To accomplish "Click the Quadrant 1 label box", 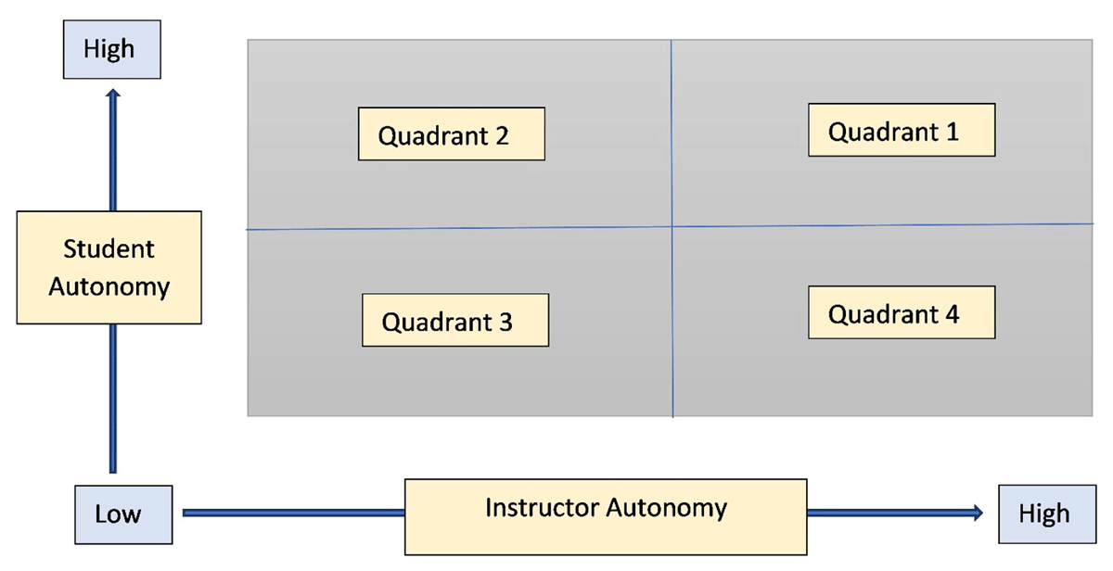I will (901, 131).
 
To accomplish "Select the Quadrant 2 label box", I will (451, 135).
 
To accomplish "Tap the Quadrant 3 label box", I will (454, 321).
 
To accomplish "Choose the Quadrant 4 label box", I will (901, 313).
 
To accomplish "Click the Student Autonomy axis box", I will (109, 267).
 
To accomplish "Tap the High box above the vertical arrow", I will (109, 50).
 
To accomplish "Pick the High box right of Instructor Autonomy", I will (1043, 514).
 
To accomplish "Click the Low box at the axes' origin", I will (118, 514).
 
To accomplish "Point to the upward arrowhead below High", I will (113, 95).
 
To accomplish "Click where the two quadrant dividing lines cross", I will (672, 226).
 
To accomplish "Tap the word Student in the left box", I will (109, 249).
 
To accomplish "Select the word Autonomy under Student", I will (109, 286).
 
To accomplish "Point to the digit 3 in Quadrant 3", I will (505, 323).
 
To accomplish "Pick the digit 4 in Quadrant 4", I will (952, 314).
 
